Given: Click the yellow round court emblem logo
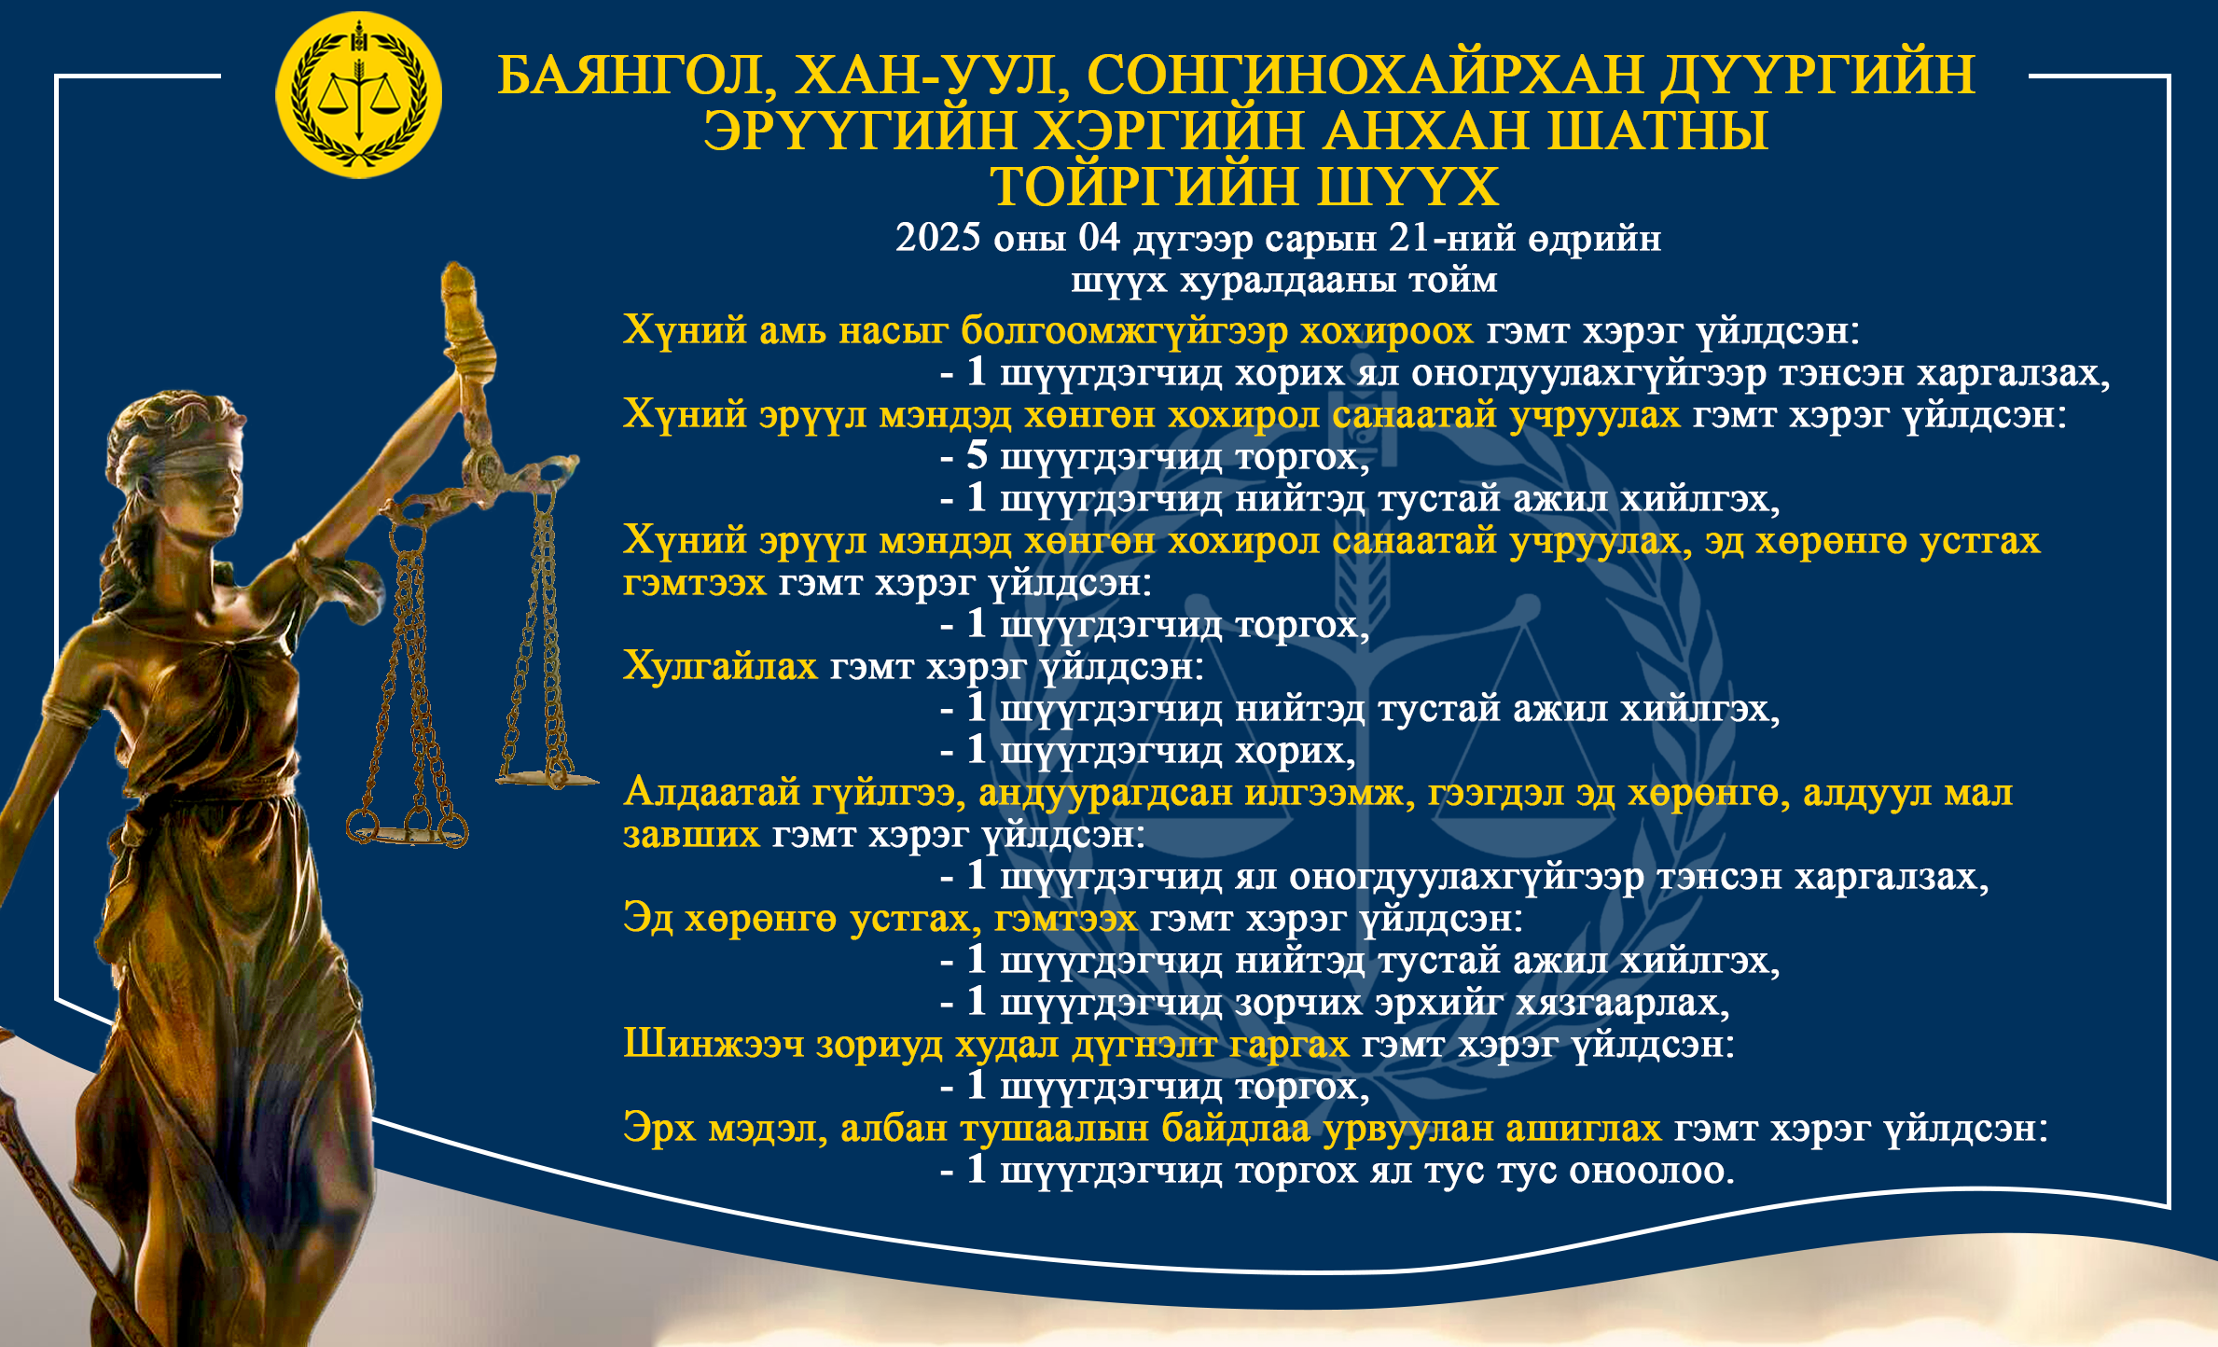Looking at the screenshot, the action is tap(358, 95).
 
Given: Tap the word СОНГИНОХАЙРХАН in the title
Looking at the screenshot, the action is tap(1365, 75).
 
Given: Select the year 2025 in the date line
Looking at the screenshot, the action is tap(938, 237).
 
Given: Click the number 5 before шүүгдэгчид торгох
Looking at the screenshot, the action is tap(977, 455).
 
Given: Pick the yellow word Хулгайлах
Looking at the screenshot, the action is tap(720, 666).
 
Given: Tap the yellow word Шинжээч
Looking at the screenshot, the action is tap(714, 1044).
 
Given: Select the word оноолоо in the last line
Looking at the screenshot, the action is tap(1651, 1171).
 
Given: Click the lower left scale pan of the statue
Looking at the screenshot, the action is tap(409, 830).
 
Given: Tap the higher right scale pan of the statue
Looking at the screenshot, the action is tap(547, 776).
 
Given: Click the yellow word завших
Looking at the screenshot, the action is tap(691, 834).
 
